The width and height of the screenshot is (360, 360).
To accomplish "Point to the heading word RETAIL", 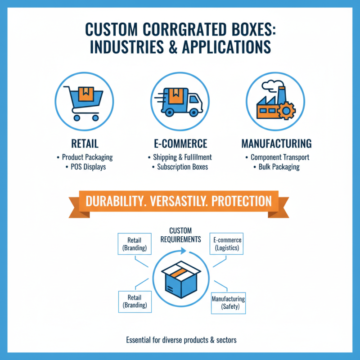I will coord(85,144).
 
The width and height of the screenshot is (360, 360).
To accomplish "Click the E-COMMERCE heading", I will coord(180,144).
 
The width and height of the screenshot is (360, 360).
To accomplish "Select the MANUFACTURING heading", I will coord(276,144).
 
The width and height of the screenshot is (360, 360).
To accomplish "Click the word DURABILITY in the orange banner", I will coord(115,201).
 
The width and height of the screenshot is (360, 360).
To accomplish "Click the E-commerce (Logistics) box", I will coord(227,244).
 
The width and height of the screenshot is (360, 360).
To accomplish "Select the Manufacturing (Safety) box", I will coord(228,303).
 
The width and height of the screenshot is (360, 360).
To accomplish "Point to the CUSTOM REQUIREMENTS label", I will coord(180,235).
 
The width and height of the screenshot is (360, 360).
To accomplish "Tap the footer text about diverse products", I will coord(181,340).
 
